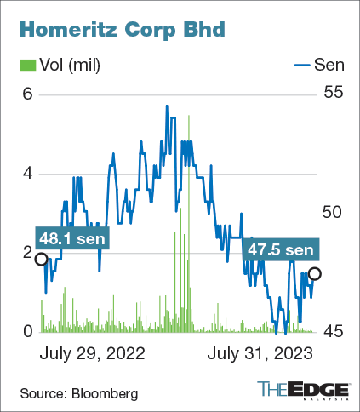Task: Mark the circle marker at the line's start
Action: click(40, 258)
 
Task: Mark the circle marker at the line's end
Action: click(315, 273)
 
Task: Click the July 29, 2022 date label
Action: click(93, 352)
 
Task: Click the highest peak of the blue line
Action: click(167, 106)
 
